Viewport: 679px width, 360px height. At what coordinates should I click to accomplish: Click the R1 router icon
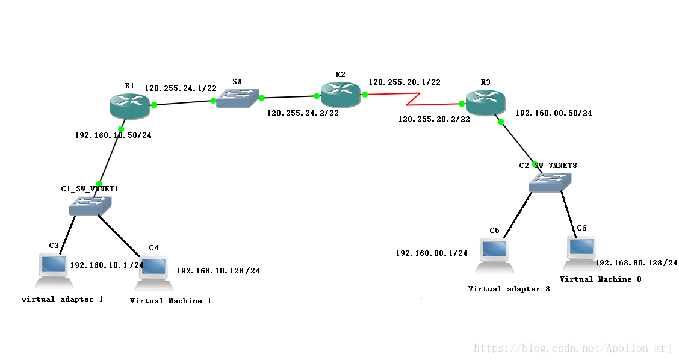coord(130,105)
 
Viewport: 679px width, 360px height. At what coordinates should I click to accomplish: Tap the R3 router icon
coord(485,102)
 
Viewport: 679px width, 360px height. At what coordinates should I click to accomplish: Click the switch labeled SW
coord(237,98)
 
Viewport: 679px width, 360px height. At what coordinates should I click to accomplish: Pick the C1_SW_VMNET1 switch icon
coord(90,206)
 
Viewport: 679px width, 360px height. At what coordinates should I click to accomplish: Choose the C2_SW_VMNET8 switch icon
coord(550,182)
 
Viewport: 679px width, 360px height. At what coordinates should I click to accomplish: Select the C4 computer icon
coord(154,273)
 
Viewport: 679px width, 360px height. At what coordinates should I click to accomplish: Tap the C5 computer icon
coord(495,256)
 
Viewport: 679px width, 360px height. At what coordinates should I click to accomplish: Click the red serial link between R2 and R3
coord(413,99)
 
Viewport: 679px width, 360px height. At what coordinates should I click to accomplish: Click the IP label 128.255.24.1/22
coord(181,88)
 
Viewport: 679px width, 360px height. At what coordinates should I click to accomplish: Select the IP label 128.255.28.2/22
coord(434,119)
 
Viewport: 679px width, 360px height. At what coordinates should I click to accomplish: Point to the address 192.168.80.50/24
coord(553,113)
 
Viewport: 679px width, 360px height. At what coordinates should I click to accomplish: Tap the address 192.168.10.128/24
coord(219,270)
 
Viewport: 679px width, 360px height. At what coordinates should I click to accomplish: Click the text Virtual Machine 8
coord(600,279)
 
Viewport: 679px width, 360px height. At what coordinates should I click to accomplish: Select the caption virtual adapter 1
coord(63,299)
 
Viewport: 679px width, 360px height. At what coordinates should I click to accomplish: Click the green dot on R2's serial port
coord(365,94)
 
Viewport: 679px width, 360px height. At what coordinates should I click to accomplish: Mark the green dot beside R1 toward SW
coord(153,104)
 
